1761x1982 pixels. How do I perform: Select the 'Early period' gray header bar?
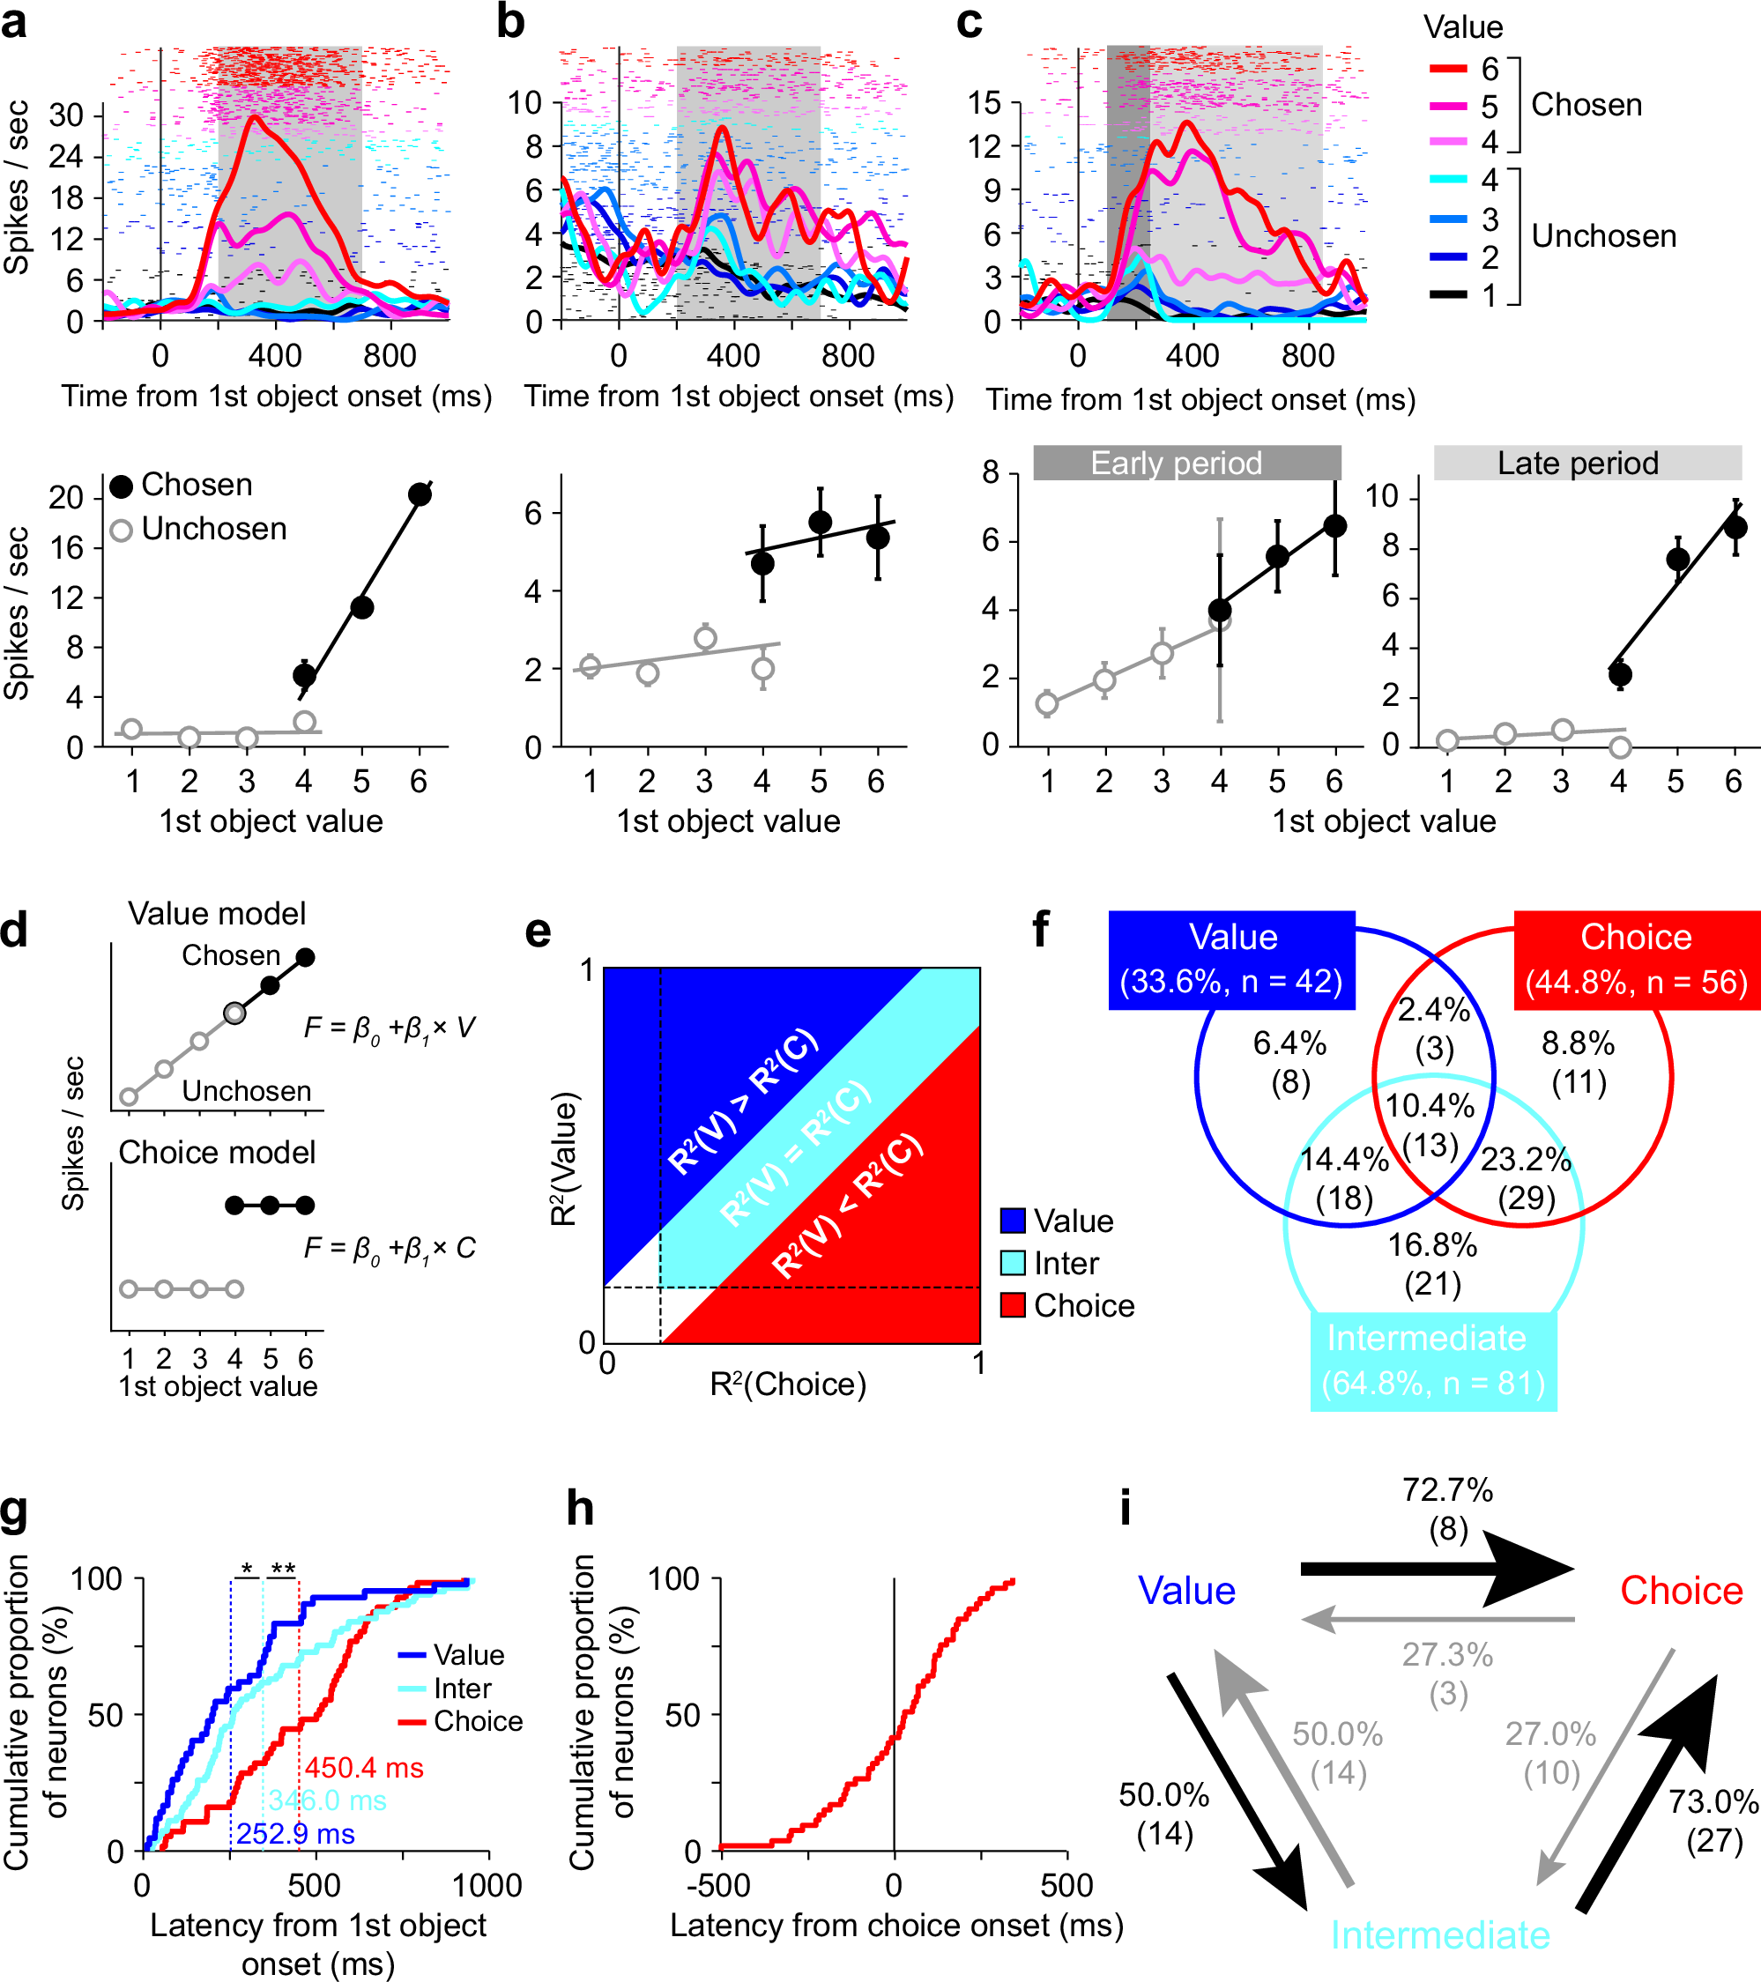[x=1186, y=463]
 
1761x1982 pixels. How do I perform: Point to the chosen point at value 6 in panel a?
[x=419, y=494]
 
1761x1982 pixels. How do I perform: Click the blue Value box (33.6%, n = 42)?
[x=1230, y=960]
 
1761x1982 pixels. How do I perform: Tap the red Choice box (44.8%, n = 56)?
[x=1636, y=960]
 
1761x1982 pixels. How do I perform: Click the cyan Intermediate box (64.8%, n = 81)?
[x=1432, y=1362]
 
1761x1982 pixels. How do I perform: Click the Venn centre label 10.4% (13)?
[x=1430, y=1125]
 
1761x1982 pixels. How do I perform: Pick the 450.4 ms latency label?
[x=364, y=1768]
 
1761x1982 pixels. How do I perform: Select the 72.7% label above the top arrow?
[x=1447, y=1490]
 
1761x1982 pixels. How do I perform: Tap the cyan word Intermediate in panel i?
[x=1439, y=1935]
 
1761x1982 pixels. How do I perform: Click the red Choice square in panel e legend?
[x=1013, y=1305]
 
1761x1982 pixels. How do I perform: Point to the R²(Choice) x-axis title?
[x=787, y=1384]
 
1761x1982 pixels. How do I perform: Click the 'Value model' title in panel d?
[x=216, y=913]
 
